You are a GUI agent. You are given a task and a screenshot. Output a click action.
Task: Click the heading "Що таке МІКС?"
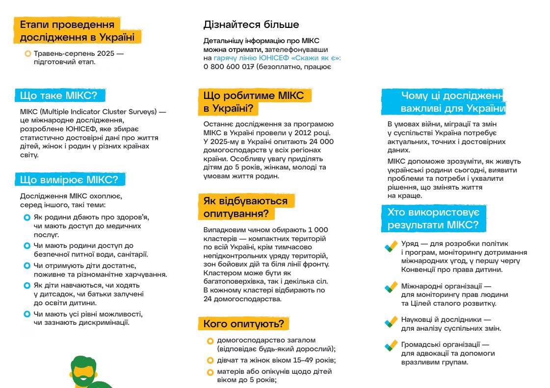click(59, 96)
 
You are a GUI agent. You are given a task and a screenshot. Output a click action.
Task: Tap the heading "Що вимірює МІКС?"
click(69, 180)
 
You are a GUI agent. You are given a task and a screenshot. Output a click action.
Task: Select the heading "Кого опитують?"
click(243, 324)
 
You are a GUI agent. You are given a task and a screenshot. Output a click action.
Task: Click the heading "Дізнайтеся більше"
click(251, 24)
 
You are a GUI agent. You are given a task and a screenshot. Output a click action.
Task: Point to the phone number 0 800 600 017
click(229, 67)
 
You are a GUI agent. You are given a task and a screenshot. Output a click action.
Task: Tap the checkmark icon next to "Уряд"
click(391, 246)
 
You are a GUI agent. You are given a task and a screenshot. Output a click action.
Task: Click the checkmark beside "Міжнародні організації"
click(391, 287)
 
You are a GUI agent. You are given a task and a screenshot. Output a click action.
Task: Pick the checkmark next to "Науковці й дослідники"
click(391, 321)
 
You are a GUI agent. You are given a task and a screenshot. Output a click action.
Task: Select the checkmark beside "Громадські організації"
click(391, 345)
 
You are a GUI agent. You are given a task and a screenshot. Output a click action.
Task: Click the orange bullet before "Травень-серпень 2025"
click(27, 53)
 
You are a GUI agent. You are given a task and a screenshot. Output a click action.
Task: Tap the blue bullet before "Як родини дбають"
click(27, 217)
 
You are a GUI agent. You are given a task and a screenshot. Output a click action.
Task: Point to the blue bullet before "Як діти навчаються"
click(27, 285)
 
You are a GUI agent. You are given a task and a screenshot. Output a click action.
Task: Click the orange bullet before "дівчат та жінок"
click(210, 361)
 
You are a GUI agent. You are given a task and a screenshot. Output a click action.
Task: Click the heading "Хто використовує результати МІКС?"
click(433, 218)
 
